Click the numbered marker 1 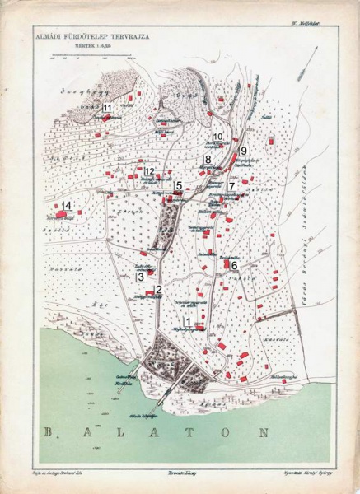click(189, 322)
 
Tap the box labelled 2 click(157, 288)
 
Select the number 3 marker click(141, 277)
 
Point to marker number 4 click(68, 204)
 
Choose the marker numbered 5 click(179, 186)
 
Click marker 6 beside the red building click(234, 265)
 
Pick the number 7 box click(231, 187)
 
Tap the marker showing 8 click(208, 159)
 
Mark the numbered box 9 click(243, 150)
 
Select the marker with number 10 click(217, 136)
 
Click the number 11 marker click(107, 109)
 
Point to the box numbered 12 click(149, 171)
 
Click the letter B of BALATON click(49, 432)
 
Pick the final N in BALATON click(262, 431)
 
